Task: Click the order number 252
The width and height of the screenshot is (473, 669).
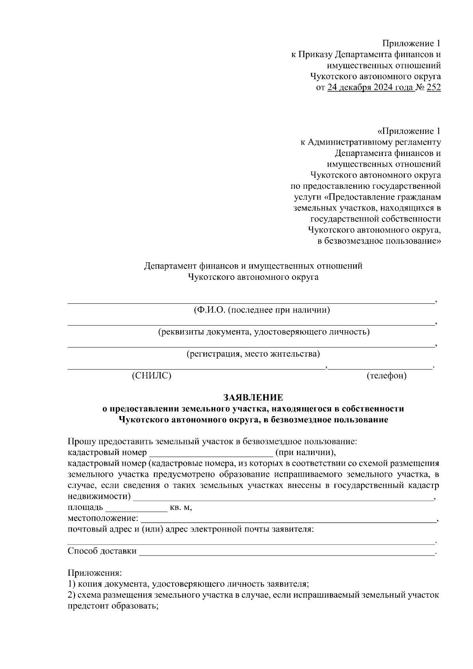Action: [x=434, y=87]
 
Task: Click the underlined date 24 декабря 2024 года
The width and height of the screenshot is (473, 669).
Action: [x=371, y=87]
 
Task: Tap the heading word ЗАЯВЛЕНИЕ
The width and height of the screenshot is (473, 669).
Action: [x=253, y=397]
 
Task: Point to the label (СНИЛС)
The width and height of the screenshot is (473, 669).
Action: [x=152, y=376]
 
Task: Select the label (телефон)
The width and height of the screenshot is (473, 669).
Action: [x=386, y=376]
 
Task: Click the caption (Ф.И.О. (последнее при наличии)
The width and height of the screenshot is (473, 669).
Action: [x=262, y=310]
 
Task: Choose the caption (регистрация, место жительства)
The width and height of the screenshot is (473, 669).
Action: [x=253, y=354]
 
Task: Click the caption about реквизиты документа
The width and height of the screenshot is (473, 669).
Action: [x=264, y=332]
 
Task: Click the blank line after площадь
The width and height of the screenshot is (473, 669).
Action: [x=136, y=507]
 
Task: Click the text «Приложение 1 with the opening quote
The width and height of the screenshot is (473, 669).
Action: [x=409, y=131]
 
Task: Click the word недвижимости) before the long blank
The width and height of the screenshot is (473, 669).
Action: [x=99, y=496]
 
